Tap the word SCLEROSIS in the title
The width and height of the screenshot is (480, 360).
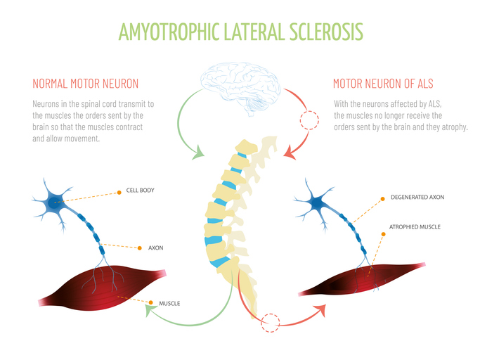tap(327, 32)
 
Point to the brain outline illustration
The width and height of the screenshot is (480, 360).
tap(240, 89)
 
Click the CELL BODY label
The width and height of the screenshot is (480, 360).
tap(140, 191)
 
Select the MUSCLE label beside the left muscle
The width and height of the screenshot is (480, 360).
tap(169, 304)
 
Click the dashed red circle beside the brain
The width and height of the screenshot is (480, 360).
tap(309, 120)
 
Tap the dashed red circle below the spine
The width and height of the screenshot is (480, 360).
tap(269, 323)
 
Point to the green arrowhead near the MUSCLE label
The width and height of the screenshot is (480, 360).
tap(149, 307)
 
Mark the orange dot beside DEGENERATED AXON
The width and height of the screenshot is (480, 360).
tap(382, 198)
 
